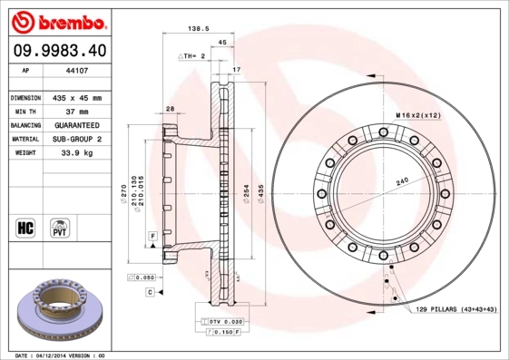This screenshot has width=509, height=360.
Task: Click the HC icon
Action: (26, 227)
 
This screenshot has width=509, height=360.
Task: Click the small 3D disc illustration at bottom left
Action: (56, 311)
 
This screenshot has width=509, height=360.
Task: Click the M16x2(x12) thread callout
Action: (417, 116)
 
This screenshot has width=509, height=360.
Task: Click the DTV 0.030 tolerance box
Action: (226, 322)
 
